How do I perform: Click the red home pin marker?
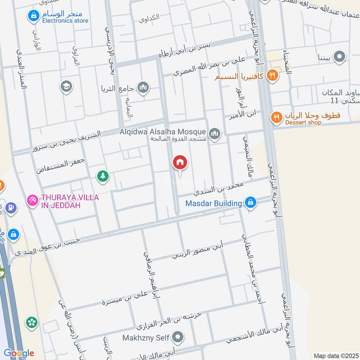coord(180,162)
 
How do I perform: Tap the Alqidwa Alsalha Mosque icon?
coord(215,134)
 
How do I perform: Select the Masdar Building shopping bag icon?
coord(251,203)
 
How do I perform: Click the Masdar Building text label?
coord(214,203)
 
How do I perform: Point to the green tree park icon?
coord(103,176)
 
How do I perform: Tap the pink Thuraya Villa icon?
coord(32,199)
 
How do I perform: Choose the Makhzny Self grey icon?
coord(179,337)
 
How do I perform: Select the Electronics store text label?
coord(65,21)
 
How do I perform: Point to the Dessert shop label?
coord(302,122)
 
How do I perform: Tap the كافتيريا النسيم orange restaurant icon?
coord(272,76)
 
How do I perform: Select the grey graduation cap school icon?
coord(66,86)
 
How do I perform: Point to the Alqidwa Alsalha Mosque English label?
coord(163,131)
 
